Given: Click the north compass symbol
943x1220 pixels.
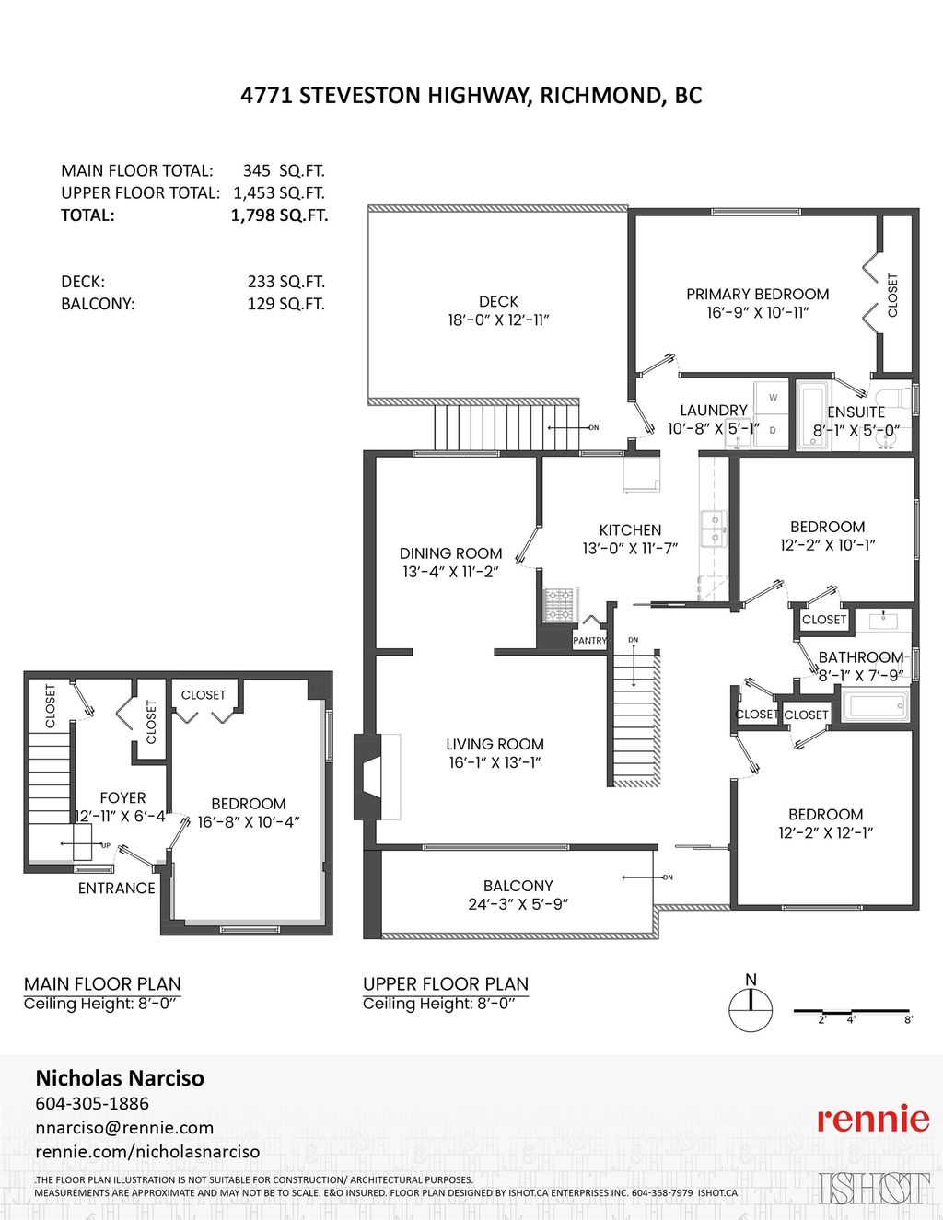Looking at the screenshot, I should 751,1009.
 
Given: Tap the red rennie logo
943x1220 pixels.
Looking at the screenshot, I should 873,1118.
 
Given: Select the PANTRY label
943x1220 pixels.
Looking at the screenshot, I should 589,640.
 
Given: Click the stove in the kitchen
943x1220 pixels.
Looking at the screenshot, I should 558,604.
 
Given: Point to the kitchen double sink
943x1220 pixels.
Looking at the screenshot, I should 713,529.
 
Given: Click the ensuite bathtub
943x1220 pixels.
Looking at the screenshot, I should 811,416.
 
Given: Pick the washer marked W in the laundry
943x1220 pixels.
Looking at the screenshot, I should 772,397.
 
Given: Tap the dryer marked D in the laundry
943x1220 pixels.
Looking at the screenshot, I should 772,430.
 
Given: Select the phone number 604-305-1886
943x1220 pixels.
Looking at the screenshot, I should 92,1103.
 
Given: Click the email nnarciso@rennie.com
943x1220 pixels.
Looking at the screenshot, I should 124,1127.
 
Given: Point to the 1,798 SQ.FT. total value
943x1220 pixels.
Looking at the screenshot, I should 279,215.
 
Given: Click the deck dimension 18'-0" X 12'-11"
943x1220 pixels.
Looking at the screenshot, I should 498,320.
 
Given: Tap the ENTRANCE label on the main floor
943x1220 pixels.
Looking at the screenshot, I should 116,888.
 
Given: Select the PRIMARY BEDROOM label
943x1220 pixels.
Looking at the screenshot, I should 757,294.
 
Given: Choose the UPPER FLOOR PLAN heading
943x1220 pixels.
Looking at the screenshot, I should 446,983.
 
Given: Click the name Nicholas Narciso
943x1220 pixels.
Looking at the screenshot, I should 120,1077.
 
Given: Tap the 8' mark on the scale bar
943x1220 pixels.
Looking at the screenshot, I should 908,1020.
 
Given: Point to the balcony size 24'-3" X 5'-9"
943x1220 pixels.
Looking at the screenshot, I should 518,904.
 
